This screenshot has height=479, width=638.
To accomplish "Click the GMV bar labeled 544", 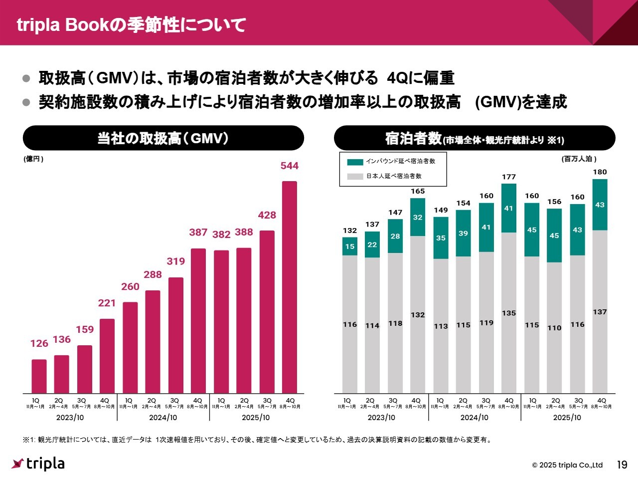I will pyautogui.click(x=290, y=287).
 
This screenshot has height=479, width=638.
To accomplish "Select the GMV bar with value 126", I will pyautogui.click(x=39, y=376).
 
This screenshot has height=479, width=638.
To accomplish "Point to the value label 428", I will pyautogui.click(x=267, y=215).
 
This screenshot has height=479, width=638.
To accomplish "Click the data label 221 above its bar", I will pyautogui.click(x=107, y=303).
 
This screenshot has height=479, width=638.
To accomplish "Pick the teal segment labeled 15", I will pyautogui.click(x=350, y=246).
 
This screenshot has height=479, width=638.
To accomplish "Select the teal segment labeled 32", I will pyautogui.click(x=418, y=217).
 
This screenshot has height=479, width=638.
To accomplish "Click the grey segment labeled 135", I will pyautogui.click(x=509, y=313).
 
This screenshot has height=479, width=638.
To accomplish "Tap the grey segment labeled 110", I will pyautogui.click(x=554, y=328).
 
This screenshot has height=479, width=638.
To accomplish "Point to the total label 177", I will pyautogui.click(x=509, y=177).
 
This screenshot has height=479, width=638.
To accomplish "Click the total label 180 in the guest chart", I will pyautogui.click(x=600, y=172).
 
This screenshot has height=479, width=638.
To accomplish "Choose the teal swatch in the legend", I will pyautogui.click(x=355, y=162).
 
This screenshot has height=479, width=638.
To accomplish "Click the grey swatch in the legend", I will pyautogui.click(x=355, y=176).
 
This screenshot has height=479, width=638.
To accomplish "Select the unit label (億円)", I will pyautogui.click(x=33, y=159).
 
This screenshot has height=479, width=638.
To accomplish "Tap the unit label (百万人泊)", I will pyautogui.click(x=579, y=159).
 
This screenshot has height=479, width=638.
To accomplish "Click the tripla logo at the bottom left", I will pyautogui.click(x=38, y=464).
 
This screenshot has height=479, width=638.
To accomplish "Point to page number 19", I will pyautogui.click(x=622, y=465).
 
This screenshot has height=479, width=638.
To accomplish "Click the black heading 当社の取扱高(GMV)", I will pyautogui.click(x=163, y=138).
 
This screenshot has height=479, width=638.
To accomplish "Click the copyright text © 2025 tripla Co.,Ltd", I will pyautogui.click(x=567, y=465).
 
